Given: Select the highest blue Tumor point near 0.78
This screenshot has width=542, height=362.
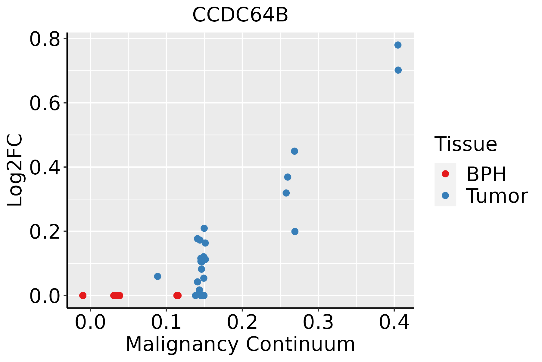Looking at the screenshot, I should [398, 45].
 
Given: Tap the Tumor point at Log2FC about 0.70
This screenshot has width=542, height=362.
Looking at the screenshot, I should [398, 70].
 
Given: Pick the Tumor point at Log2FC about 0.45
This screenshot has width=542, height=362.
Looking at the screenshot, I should [294, 151].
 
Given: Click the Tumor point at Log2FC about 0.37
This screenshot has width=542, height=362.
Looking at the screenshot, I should [288, 177].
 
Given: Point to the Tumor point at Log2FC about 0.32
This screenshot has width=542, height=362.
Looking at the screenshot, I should [286, 193].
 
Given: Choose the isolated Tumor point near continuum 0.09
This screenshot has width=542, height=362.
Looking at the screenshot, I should [157, 276].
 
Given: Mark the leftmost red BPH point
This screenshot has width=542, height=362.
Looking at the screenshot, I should [83, 295].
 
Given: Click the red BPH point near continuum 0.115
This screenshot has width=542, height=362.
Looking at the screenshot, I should [177, 295].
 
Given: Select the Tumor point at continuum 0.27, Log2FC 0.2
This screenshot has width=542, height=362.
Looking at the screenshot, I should [295, 231].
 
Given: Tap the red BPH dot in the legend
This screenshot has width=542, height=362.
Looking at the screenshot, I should [445, 174].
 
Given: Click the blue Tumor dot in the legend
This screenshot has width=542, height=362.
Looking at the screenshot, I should [445, 195].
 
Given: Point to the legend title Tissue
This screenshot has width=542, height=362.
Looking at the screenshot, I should [466, 144].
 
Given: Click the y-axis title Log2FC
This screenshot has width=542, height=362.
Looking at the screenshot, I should [15, 170].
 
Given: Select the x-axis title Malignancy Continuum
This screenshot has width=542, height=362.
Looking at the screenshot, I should [240, 344].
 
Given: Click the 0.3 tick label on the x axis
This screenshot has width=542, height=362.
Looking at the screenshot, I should [318, 322].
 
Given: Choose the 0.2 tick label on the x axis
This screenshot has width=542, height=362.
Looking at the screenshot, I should [242, 322].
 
